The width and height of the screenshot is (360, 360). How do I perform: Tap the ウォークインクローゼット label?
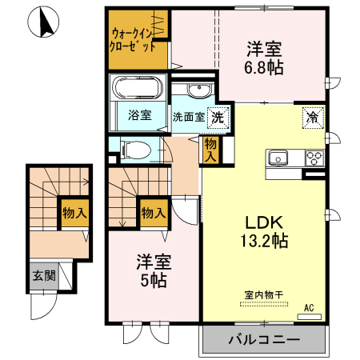(x=134, y=41)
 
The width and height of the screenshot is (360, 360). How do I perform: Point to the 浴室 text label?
(x=139, y=115)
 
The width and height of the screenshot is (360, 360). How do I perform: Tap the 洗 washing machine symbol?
(x=217, y=117)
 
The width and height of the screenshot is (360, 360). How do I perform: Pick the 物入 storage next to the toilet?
(x=210, y=150)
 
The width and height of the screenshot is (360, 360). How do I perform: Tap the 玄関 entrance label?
(x=44, y=277)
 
